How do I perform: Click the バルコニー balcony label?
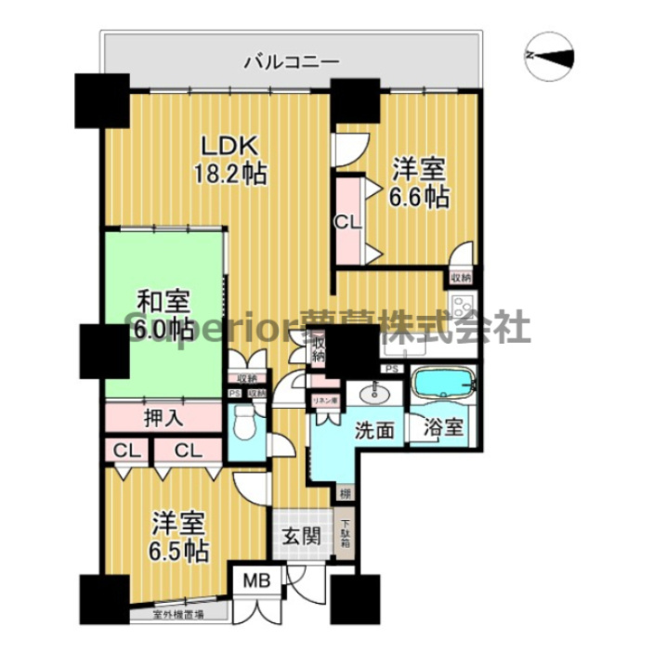pyautogui.click(x=291, y=62)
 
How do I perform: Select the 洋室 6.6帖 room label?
pyautogui.click(x=420, y=183)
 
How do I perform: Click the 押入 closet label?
pyautogui.click(x=163, y=418)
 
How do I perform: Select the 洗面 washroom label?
pyautogui.click(x=372, y=430)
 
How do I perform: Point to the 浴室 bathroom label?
pyautogui.click(x=443, y=430)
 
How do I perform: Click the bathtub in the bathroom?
pyautogui.click(x=443, y=384)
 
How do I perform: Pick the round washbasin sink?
pyautogui.click(x=375, y=393)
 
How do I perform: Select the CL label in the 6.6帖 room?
pyautogui.click(x=347, y=221)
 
